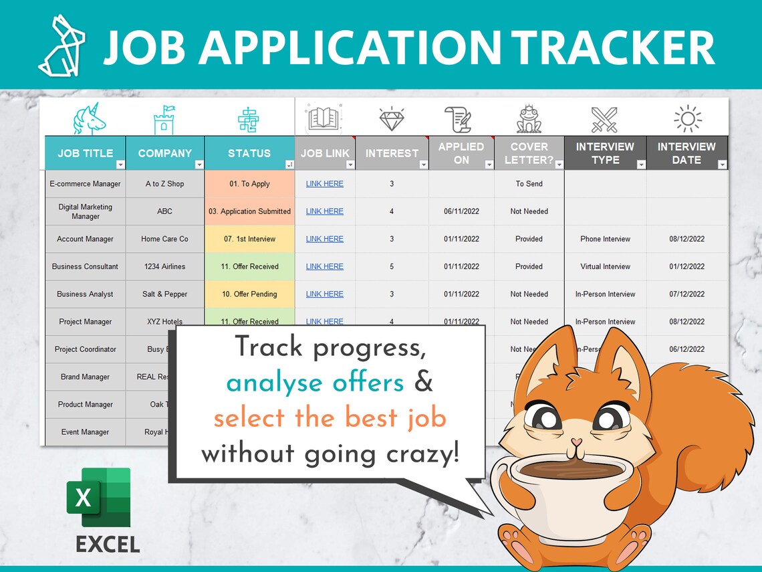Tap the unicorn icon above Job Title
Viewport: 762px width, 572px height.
89,120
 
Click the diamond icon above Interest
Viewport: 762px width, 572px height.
392,119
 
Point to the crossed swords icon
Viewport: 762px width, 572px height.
604,120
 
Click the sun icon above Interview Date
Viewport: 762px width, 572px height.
687,119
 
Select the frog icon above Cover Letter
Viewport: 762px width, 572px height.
529,120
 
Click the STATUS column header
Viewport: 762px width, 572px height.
249,153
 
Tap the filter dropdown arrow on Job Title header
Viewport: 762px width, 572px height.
120,165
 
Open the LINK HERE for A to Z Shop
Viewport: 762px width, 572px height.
325,184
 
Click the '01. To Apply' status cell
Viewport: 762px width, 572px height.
249,184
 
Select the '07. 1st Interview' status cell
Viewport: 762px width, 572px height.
249,239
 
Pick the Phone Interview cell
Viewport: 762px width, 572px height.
605,239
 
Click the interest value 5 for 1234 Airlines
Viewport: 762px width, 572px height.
392,266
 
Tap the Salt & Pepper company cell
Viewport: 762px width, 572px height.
164,294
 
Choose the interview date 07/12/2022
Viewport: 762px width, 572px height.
686,294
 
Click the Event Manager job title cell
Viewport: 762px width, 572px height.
85,432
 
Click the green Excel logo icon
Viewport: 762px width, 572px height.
98,498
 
